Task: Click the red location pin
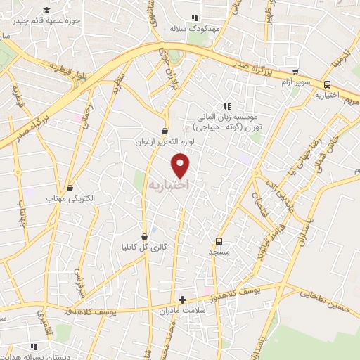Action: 181,165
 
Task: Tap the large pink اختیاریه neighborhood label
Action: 169,184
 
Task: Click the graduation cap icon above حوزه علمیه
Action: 47,10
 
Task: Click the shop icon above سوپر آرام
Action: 295,72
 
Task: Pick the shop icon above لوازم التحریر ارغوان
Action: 165,130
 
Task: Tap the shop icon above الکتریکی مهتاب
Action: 70,188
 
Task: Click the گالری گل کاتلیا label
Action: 146,247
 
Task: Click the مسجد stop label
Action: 219,251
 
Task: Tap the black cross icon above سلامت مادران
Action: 183,300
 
